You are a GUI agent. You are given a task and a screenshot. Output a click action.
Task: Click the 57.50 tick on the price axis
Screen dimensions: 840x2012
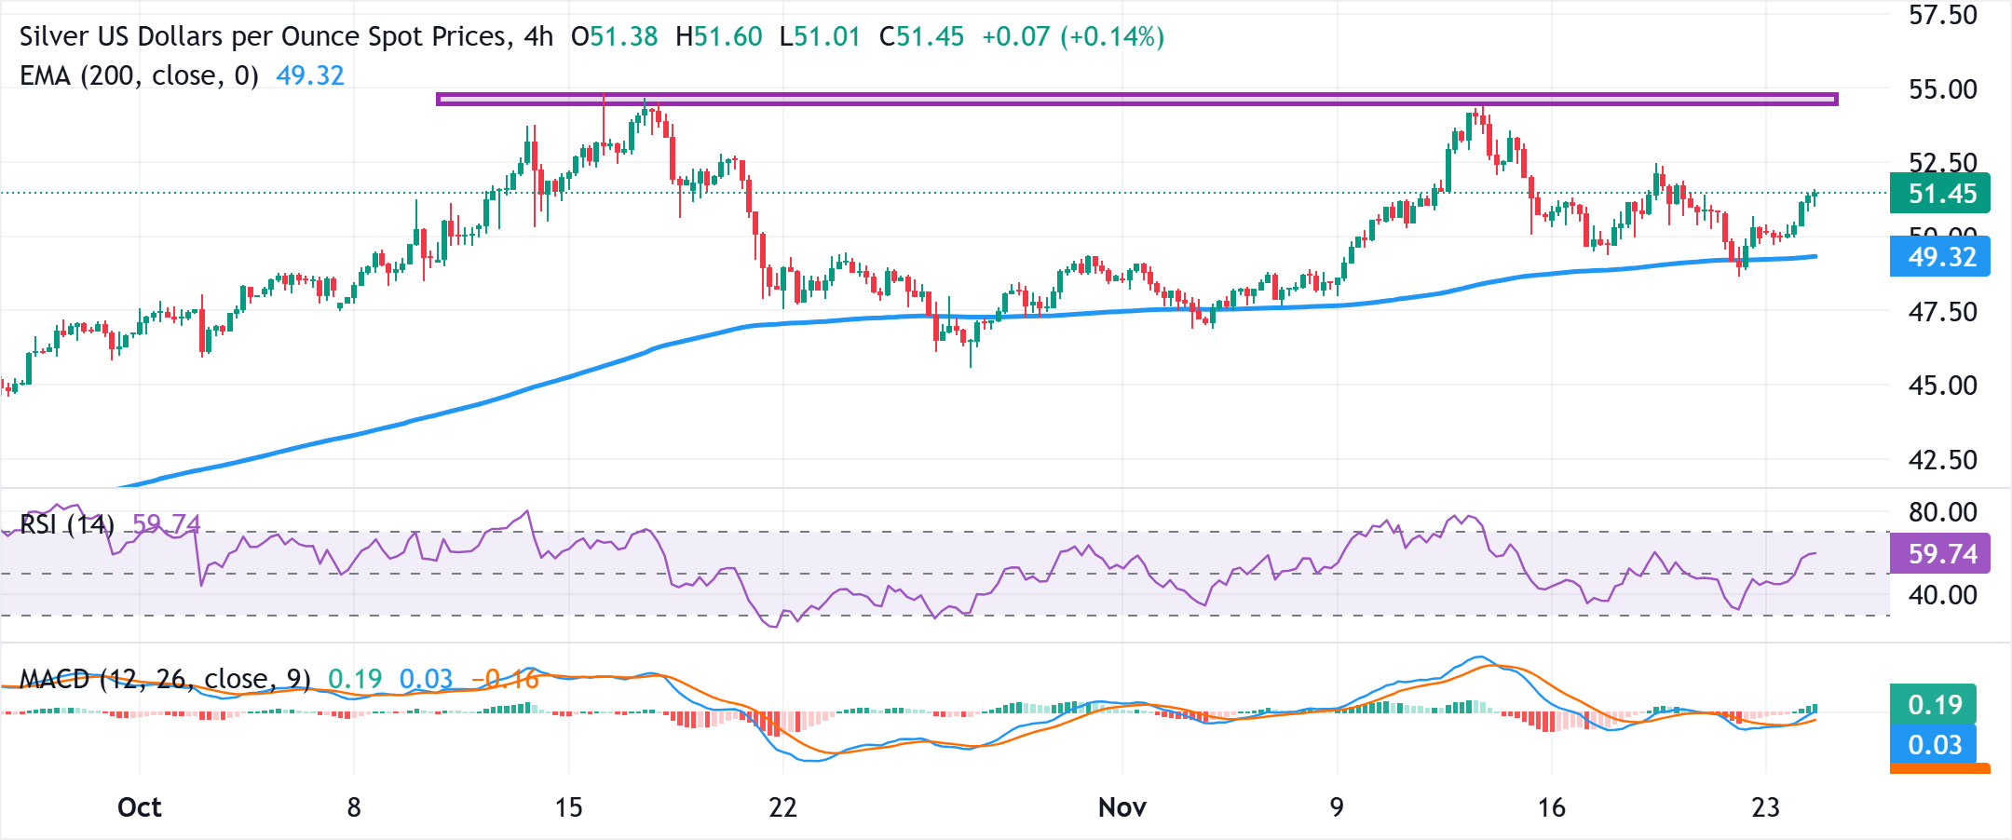point(1942,16)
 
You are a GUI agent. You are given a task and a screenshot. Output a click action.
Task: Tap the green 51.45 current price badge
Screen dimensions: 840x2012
point(1940,194)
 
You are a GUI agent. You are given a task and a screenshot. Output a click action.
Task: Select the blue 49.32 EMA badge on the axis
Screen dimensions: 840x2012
point(1940,257)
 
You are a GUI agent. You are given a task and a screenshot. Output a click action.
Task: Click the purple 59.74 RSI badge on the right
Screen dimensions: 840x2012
point(1940,554)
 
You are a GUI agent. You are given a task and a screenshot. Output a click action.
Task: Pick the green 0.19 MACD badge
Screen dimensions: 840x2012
point(1934,705)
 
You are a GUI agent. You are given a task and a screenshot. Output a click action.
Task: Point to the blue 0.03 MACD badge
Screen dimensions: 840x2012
point(1934,745)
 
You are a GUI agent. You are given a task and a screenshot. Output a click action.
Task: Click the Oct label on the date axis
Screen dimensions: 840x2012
point(140,807)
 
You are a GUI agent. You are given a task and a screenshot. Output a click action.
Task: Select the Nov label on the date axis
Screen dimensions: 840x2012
point(1122,807)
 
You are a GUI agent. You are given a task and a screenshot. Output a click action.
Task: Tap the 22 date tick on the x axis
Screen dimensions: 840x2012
point(782,807)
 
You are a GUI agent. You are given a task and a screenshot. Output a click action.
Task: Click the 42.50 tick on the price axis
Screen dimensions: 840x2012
point(1942,460)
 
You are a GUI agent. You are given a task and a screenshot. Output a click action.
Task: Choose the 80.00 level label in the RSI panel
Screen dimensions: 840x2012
point(1942,512)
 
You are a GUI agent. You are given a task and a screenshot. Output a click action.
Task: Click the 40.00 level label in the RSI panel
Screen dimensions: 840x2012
point(1942,595)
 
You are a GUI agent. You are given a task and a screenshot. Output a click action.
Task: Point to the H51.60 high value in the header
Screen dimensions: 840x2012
point(718,37)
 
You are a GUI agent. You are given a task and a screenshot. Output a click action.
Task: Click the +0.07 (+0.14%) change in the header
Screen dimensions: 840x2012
point(1073,37)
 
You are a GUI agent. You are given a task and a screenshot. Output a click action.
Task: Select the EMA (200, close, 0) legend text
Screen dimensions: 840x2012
point(140,75)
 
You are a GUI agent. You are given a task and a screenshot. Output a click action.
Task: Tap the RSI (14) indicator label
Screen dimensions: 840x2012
point(67,525)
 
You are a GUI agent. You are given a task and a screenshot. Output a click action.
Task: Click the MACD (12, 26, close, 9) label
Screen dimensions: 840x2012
point(165,679)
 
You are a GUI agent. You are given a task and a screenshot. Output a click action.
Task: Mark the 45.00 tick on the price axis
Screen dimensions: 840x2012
point(1942,386)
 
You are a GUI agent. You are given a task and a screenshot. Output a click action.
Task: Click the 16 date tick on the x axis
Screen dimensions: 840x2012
point(1551,807)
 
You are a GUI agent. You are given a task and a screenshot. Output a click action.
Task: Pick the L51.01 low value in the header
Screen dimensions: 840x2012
point(820,37)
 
